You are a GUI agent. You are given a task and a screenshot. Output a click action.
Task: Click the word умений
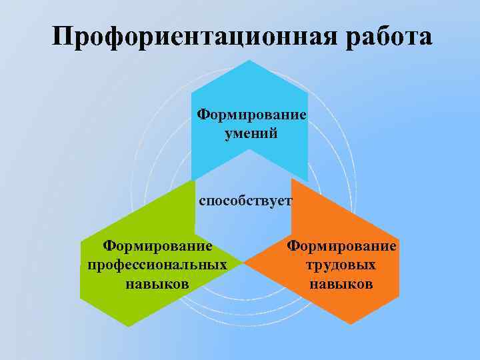click(x=251, y=133)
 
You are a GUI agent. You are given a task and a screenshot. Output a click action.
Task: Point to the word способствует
click(x=245, y=201)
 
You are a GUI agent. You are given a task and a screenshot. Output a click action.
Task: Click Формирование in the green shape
click(x=157, y=247)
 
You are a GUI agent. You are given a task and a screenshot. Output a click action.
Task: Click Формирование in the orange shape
click(x=341, y=247)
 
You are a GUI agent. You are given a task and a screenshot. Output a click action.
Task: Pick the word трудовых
click(x=341, y=265)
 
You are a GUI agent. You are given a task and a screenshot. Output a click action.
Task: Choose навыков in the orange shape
click(x=341, y=284)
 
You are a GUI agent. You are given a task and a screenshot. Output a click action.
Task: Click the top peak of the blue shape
click(x=249, y=60)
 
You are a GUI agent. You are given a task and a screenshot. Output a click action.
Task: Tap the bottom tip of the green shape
click(x=128, y=326)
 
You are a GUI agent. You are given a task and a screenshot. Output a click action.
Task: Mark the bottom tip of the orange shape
click(x=351, y=325)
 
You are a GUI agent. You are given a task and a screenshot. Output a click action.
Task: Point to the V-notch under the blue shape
click(x=249, y=150)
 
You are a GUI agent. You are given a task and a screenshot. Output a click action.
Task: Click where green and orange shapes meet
click(x=243, y=263)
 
